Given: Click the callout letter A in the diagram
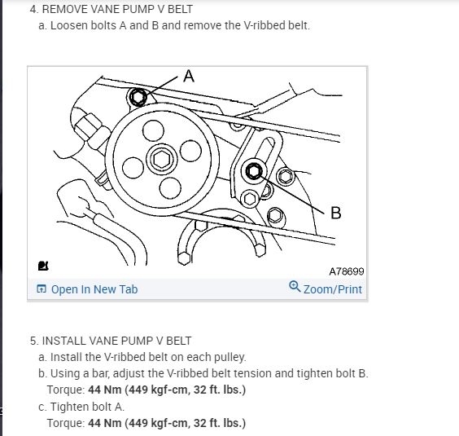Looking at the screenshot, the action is click(x=189, y=76).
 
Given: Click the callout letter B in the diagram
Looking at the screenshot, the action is click(x=336, y=213).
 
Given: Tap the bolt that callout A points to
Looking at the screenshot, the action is click(x=138, y=96).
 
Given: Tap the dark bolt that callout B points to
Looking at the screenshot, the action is click(x=253, y=171).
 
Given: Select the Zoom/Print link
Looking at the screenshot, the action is click(x=333, y=289).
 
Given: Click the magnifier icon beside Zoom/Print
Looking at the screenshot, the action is click(x=295, y=287).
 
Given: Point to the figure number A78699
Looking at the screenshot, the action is click(x=347, y=271).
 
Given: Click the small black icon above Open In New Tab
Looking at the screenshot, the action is click(x=43, y=266).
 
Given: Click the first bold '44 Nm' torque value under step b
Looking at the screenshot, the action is click(x=105, y=390).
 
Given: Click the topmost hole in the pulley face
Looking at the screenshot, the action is click(x=153, y=130).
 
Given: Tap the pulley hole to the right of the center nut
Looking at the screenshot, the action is click(x=191, y=151).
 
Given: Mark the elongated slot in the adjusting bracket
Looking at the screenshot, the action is click(x=265, y=150).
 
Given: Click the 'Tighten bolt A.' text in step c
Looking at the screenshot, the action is click(x=87, y=407).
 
